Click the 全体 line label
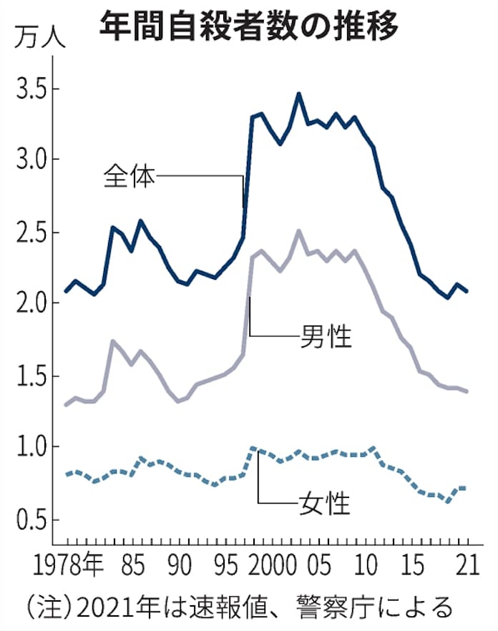point(129,176)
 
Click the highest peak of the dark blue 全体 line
point(298,94)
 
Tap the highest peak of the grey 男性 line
point(298,230)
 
